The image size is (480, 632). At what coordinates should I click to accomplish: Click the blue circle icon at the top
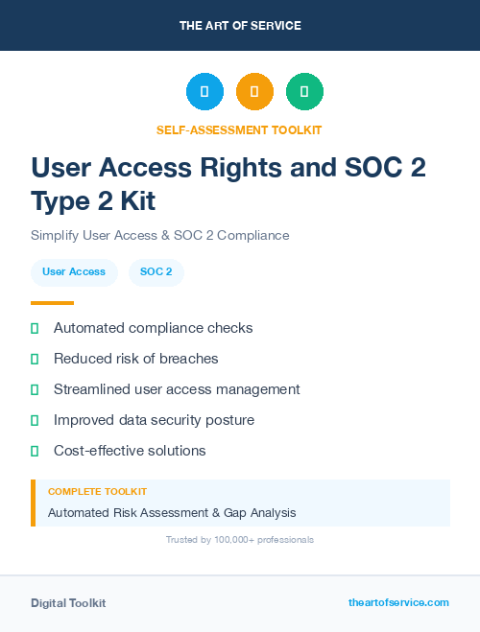point(204,91)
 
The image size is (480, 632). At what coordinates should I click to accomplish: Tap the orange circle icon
point(254,91)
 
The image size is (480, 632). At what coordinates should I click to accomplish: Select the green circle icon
point(304,91)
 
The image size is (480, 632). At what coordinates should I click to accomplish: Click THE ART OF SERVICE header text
point(240,26)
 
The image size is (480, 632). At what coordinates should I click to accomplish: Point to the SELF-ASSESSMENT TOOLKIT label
point(239,129)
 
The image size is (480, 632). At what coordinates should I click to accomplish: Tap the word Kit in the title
point(134,201)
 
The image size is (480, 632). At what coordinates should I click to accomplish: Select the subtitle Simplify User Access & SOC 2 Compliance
point(159,235)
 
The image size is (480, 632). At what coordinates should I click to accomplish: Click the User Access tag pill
point(74,272)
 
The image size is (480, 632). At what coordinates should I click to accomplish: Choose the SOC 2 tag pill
point(156,272)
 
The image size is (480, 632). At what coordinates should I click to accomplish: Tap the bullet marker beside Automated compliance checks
point(35,329)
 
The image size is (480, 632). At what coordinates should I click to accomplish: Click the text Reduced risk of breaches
point(135,359)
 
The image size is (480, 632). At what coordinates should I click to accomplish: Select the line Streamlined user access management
point(177,389)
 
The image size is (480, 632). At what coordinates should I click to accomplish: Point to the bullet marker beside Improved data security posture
point(35,420)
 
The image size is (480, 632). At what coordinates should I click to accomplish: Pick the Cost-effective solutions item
point(130,451)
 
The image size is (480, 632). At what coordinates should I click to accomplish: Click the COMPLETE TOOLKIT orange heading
point(97,491)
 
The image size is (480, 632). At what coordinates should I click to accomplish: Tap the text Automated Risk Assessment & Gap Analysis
point(172,513)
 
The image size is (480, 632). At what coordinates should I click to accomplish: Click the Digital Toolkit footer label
point(68,603)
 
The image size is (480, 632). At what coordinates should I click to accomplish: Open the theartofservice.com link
point(398,602)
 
